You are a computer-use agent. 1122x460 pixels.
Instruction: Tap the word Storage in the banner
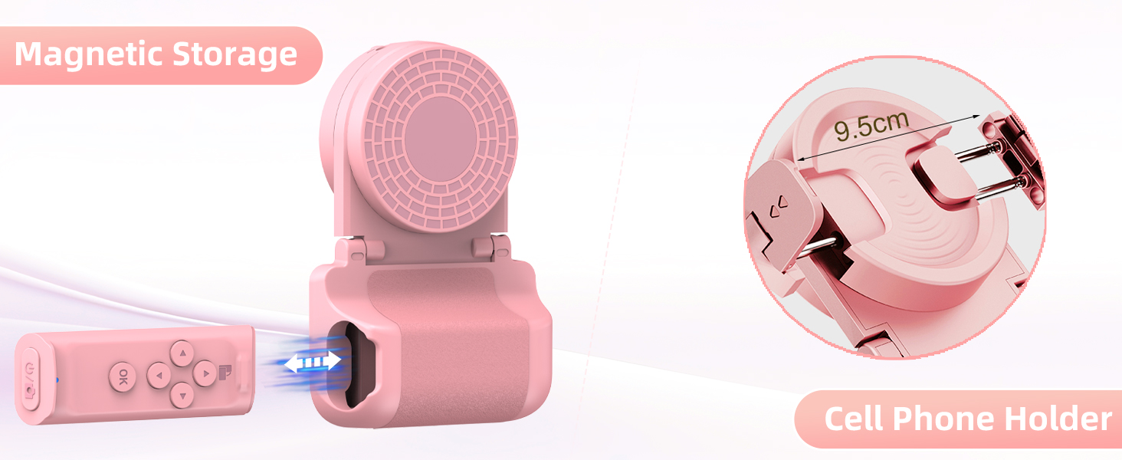tap(235, 54)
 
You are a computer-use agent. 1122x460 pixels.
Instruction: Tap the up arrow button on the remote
tap(182, 353)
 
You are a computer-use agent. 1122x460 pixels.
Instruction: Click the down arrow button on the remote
tap(182, 396)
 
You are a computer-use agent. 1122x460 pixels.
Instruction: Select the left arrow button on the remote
tap(159, 375)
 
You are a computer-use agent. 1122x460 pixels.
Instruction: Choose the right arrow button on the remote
tap(205, 373)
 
